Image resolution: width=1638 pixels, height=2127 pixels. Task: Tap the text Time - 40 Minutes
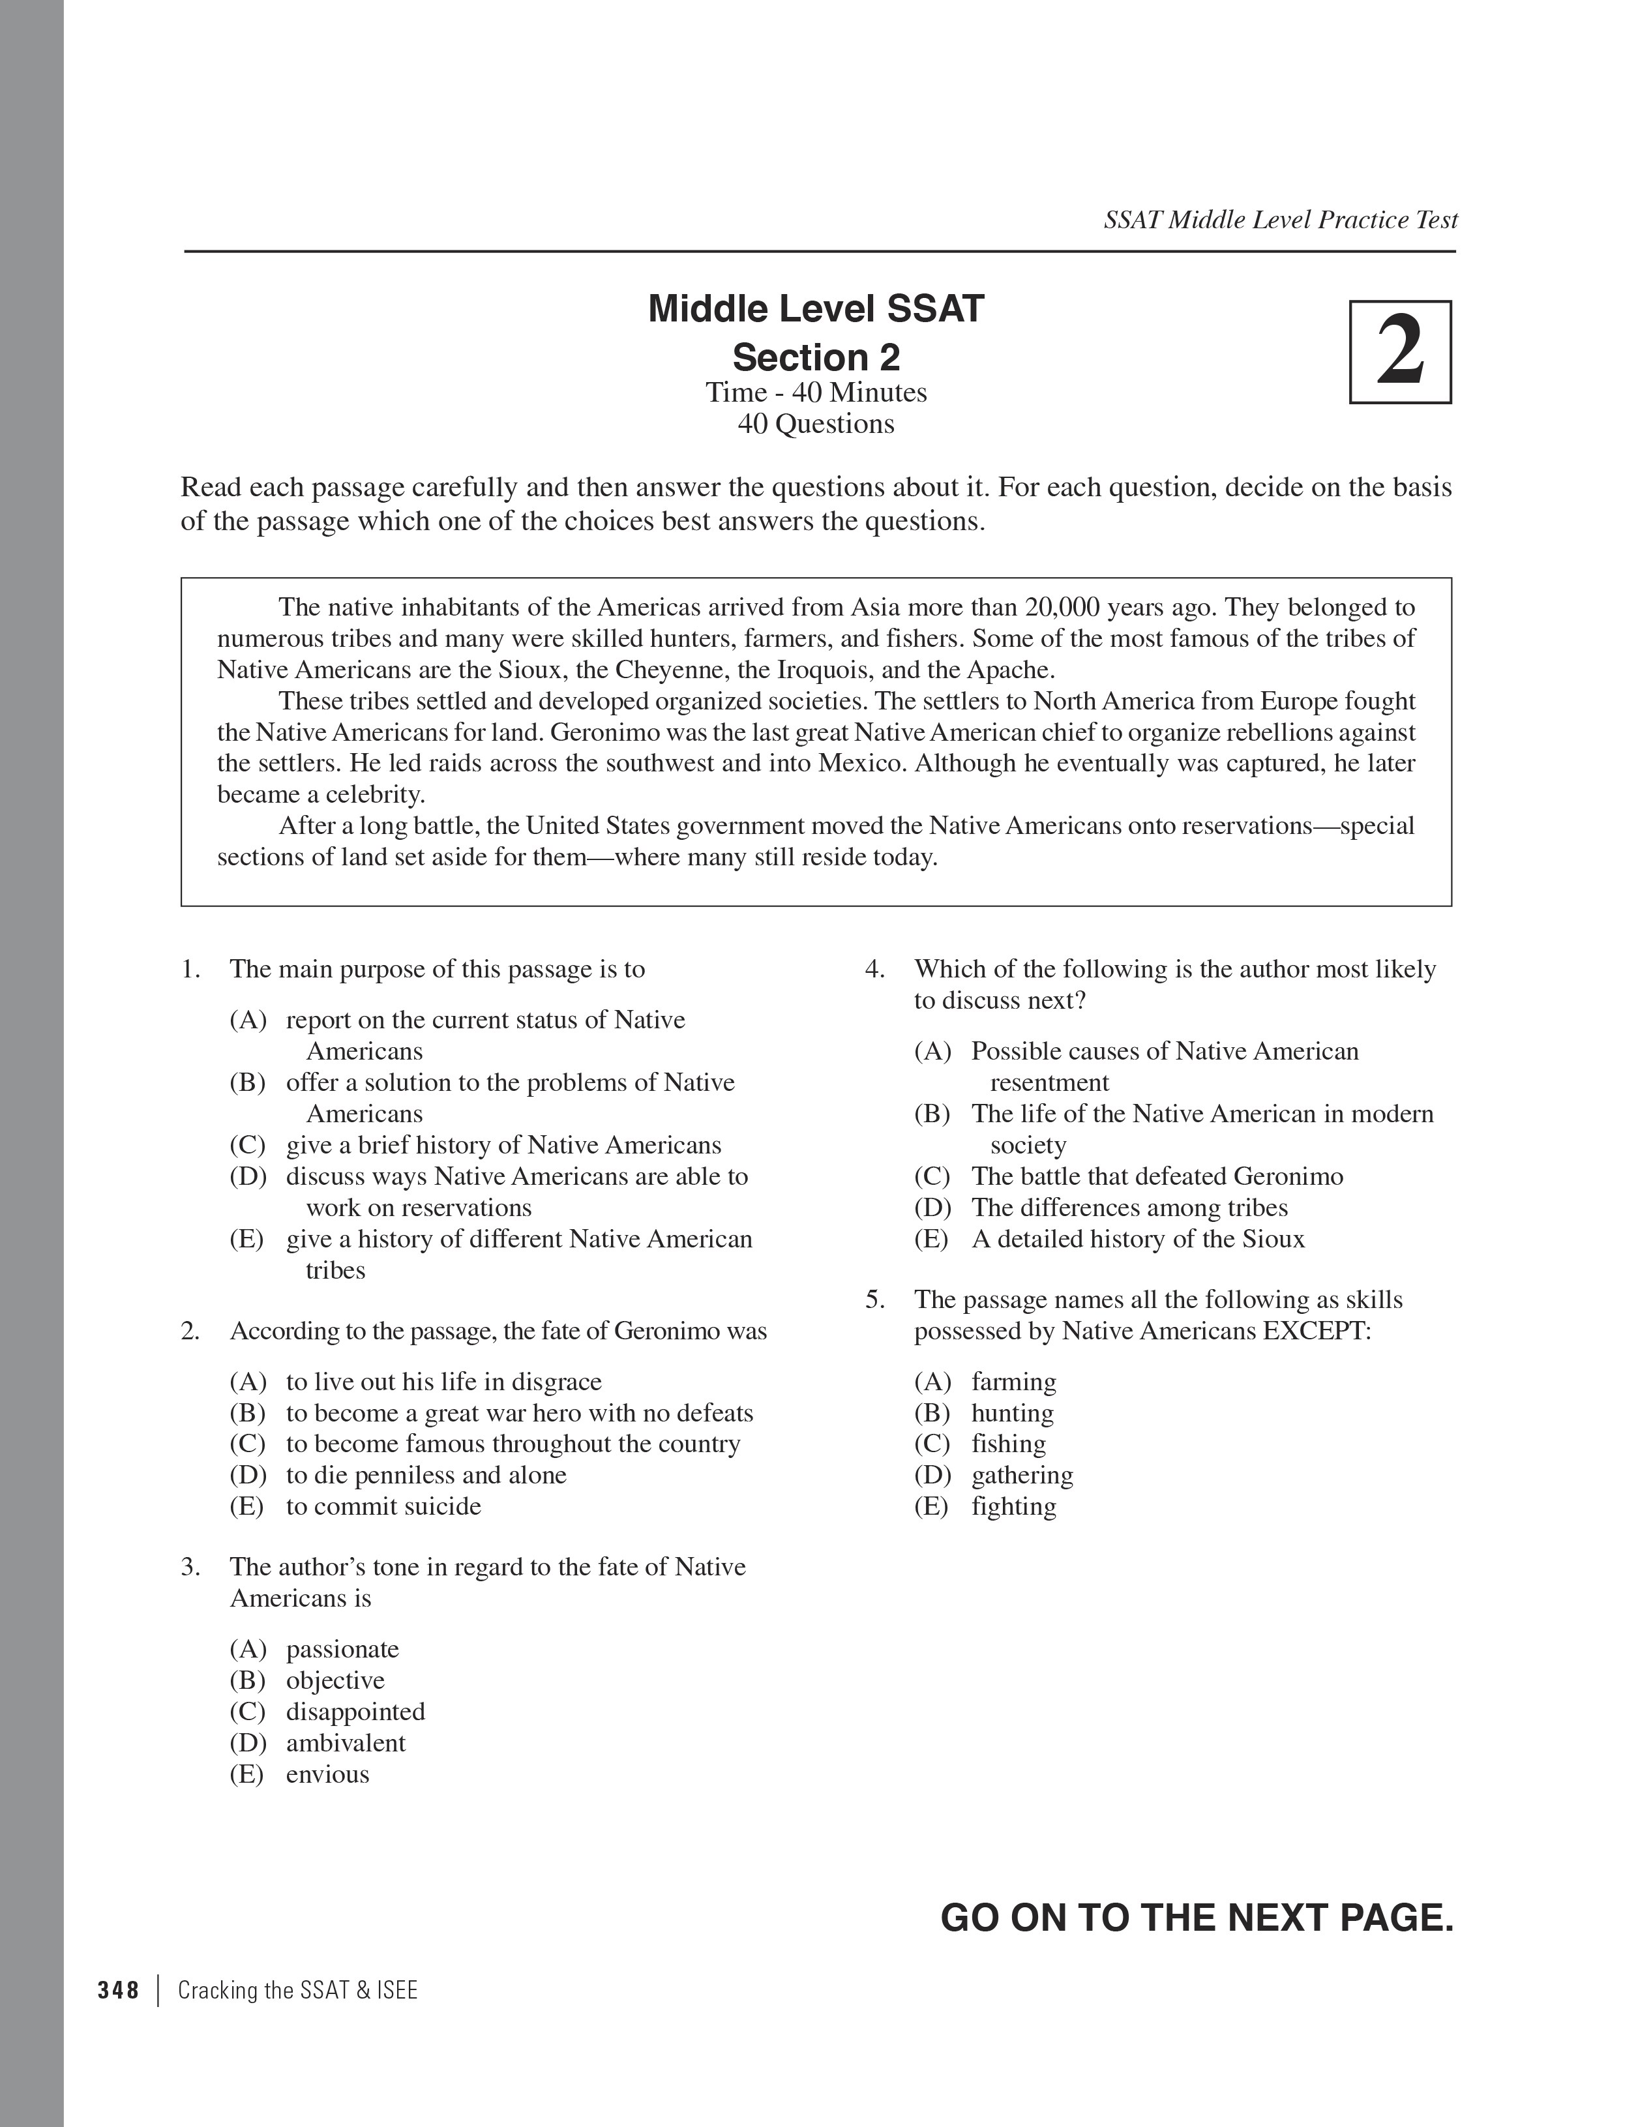tap(816, 393)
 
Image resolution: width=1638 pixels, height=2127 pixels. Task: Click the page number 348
tap(119, 1989)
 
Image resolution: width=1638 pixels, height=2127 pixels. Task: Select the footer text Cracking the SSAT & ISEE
tap(297, 1989)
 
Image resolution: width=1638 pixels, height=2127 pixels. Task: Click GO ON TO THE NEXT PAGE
tap(1196, 1918)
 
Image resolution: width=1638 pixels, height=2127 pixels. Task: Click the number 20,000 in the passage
tap(1065, 608)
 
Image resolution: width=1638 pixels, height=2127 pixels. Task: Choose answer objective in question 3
tap(335, 1680)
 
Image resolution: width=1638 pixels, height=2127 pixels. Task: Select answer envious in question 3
tap(327, 1774)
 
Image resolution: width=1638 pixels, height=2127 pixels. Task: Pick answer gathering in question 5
tap(1022, 1474)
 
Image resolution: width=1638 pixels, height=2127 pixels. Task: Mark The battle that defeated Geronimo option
tap(1156, 1176)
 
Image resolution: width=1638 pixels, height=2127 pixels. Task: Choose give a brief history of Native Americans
tap(503, 1144)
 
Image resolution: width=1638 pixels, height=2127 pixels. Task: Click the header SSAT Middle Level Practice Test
tap(1279, 220)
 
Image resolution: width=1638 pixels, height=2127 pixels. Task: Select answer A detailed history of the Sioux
tap(1137, 1239)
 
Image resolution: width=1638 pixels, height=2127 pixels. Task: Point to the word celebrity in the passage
tap(373, 795)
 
